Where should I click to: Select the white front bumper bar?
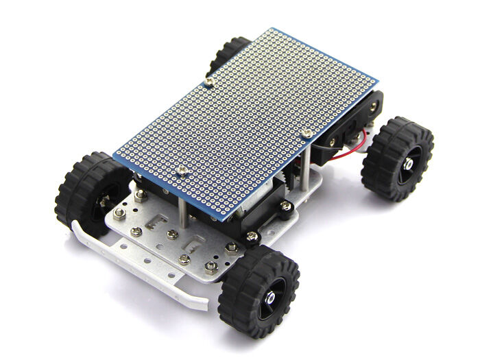pyautogui.click(x=137, y=271)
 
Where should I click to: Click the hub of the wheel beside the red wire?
pyautogui.click(x=407, y=164)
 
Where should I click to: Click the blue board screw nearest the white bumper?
pyautogui.click(x=182, y=169)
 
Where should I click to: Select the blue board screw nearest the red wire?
pyautogui.click(x=308, y=132)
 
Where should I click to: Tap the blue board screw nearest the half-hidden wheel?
pyautogui.click(x=208, y=82)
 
